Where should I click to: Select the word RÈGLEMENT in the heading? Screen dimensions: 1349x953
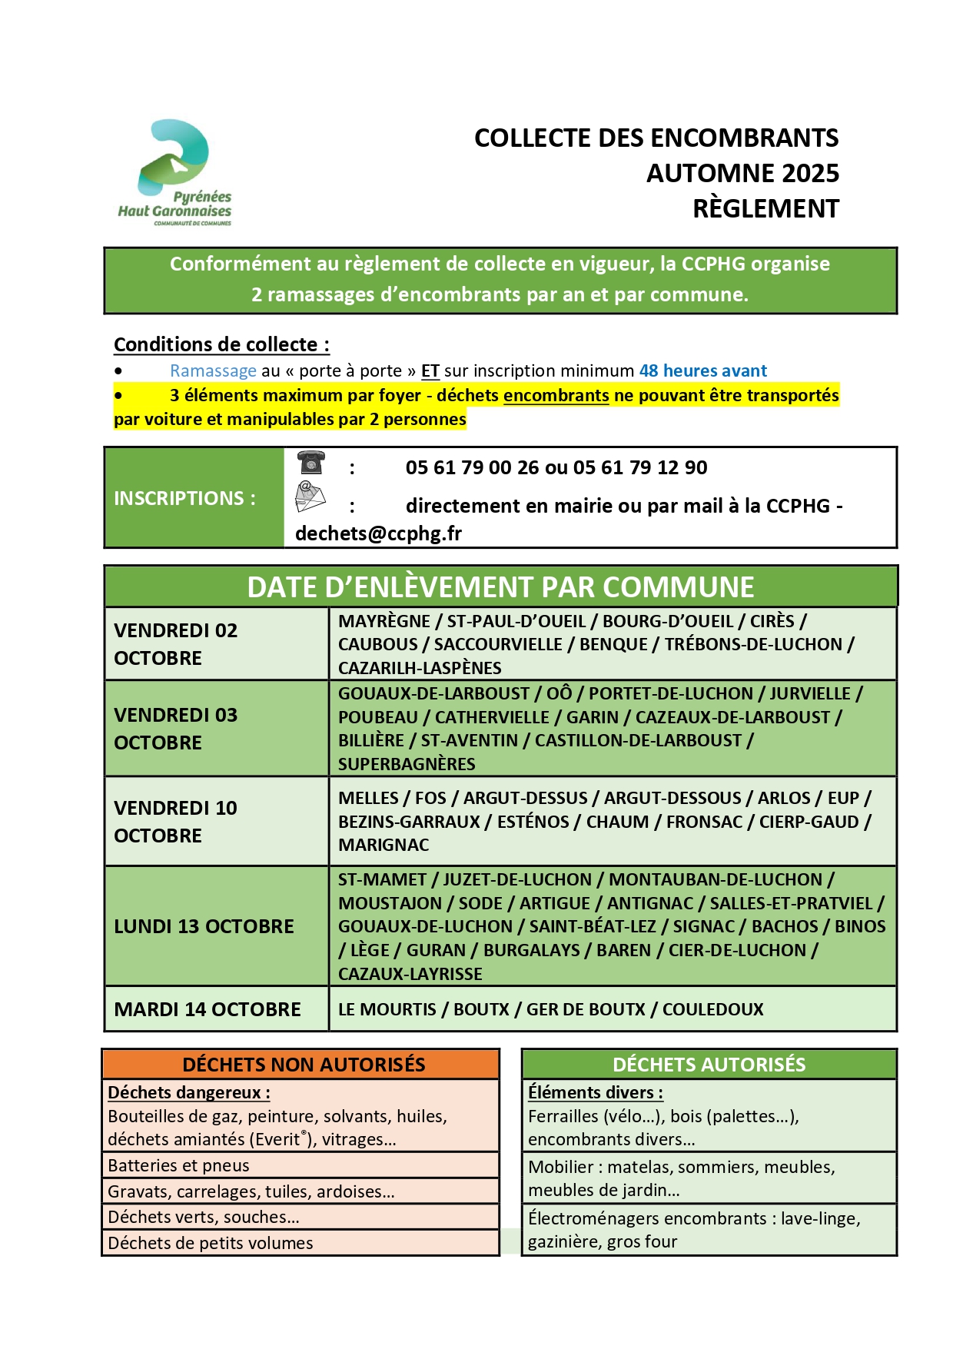click(x=765, y=209)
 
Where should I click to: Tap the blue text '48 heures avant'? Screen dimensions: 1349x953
click(x=702, y=371)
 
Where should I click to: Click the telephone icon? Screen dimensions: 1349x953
click(x=310, y=463)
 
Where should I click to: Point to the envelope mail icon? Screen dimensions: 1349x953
click(x=310, y=497)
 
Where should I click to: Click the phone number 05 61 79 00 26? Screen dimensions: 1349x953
click(x=472, y=467)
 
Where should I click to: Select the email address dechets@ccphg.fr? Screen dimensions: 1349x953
click(x=378, y=533)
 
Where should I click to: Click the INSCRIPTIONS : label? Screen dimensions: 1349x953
click(x=184, y=498)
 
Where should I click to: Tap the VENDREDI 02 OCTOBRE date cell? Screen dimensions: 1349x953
click(x=176, y=644)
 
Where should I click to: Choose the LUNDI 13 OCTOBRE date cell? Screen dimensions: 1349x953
click(x=204, y=926)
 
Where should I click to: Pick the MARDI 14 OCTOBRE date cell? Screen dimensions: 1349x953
click(x=208, y=1009)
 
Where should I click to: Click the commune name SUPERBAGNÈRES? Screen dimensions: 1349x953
click(x=407, y=764)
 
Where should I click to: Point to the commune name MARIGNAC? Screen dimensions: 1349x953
click(x=384, y=845)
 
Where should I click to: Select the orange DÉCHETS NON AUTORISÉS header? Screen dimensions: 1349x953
click(x=303, y=1065)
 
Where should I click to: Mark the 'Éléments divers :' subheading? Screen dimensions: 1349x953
click(x=595, y=1092)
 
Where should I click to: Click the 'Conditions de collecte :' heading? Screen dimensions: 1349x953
click(x=221, y=344)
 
